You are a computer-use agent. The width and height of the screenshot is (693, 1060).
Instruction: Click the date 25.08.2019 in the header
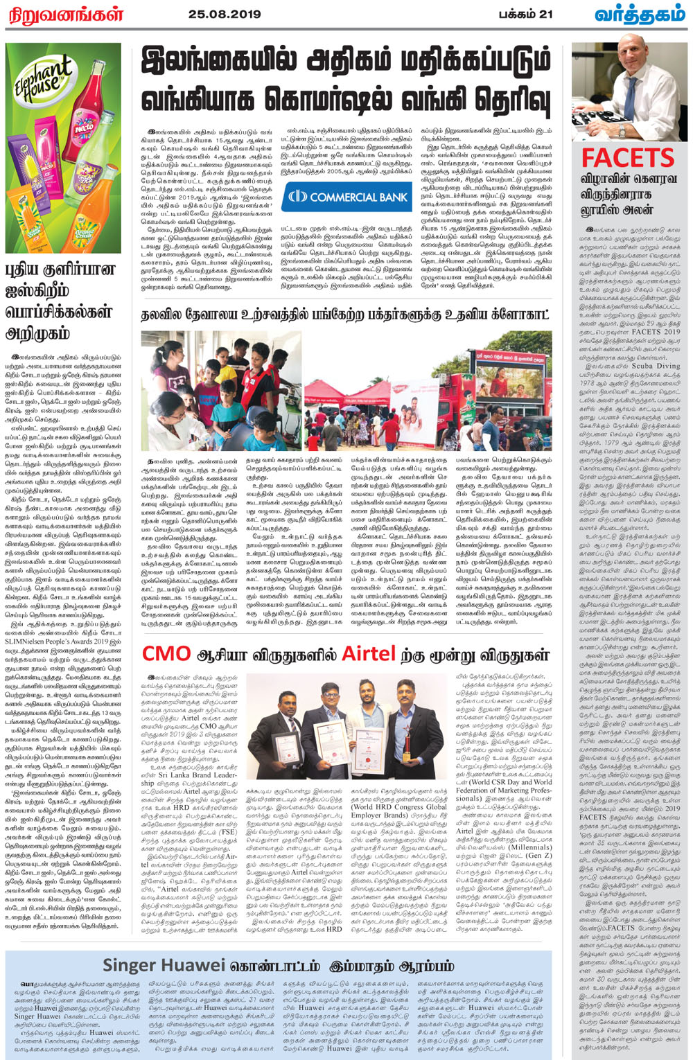225,13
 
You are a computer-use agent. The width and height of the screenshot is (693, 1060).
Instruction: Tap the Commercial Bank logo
348,197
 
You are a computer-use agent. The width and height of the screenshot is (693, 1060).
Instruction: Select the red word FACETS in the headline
627,158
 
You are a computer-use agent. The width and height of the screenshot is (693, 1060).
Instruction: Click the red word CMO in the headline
166,653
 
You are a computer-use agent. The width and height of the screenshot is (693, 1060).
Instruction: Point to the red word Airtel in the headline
369,653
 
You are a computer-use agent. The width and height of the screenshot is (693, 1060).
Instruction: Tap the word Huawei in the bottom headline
198,965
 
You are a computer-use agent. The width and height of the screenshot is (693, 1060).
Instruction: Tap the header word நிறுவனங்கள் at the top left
64,14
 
